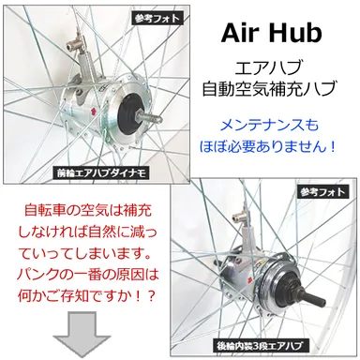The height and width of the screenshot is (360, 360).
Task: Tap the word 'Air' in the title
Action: [x=241, y=35]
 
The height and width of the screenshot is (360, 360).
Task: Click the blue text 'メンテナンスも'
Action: [x=272, y=125]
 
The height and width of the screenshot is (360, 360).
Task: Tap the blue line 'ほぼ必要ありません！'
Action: [x=272, y=147]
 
